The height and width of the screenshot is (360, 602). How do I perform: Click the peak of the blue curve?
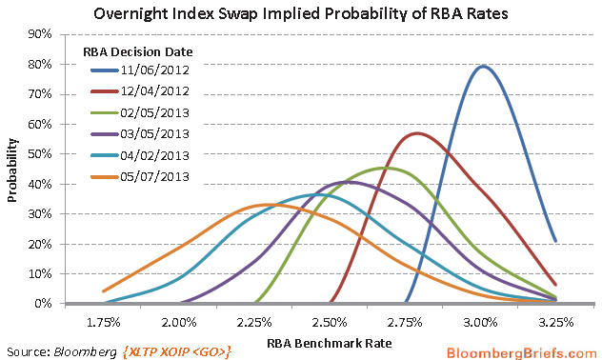(483, 66)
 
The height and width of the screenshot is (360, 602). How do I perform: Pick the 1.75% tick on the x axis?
(104, 322)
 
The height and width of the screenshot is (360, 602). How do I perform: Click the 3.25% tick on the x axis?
(556, 322)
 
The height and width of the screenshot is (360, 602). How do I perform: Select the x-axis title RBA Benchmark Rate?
(330, 343)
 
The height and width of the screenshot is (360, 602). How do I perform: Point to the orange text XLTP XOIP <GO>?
(178, 350)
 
